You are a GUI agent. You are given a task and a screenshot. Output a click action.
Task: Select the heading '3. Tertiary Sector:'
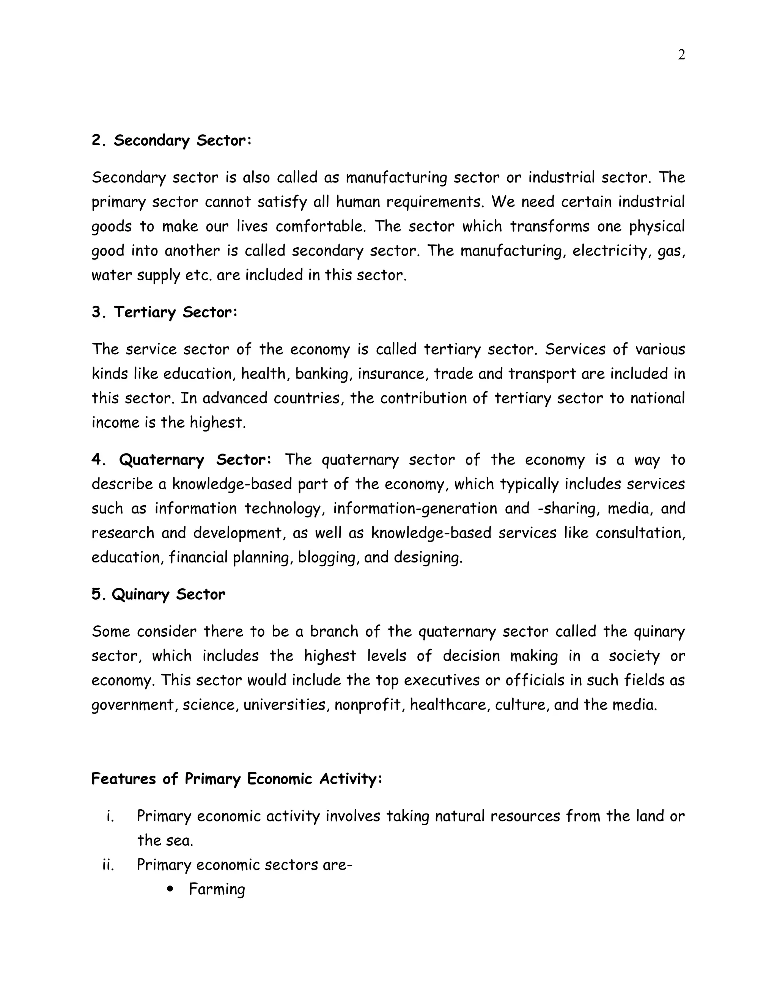click(x=164, y=312)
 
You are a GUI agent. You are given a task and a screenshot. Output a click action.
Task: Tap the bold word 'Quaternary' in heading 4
click(x=161, y=459)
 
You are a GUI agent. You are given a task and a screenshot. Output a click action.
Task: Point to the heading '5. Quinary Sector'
click(x=158, y=594)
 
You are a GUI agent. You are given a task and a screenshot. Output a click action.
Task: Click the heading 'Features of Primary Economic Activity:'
click(x=237, y=779)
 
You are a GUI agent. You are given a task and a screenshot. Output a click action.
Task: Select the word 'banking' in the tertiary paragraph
click(x=324, y=374)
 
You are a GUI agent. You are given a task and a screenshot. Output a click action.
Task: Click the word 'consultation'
click(x=640, y=533)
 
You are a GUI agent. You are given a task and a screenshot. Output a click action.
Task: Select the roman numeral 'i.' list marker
click(x=110, y=816)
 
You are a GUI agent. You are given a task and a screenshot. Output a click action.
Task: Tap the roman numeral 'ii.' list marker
click(x=108, y=865)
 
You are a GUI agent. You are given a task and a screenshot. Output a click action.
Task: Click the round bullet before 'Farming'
click(x=171, y=889)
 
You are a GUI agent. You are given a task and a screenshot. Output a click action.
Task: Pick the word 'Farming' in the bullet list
click(x=217, y=889)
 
